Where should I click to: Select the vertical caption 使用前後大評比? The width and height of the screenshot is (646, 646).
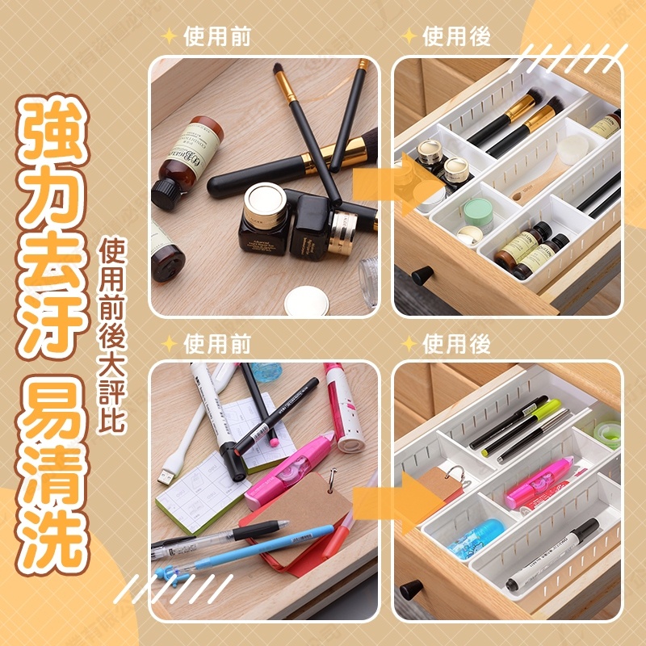click(x=111, y=334)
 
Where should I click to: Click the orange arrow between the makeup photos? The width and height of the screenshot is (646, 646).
click(x=396, y=184)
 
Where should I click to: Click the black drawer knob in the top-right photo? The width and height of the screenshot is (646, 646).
click(x=422, y=275)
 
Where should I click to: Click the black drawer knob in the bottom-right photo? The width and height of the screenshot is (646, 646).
click(x=411, y=589)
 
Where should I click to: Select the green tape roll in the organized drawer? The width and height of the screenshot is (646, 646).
click(x=608, y=434)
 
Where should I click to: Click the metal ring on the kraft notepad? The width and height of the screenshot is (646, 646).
click(x=332, y=480)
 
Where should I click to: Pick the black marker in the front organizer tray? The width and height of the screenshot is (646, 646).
click(x=552, y=553)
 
